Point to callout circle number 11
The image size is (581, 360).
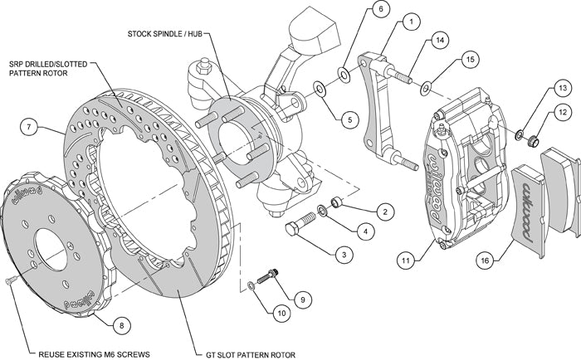point(405,260)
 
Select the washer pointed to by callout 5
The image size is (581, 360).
point(319,86)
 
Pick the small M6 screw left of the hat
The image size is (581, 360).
point(9,285)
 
